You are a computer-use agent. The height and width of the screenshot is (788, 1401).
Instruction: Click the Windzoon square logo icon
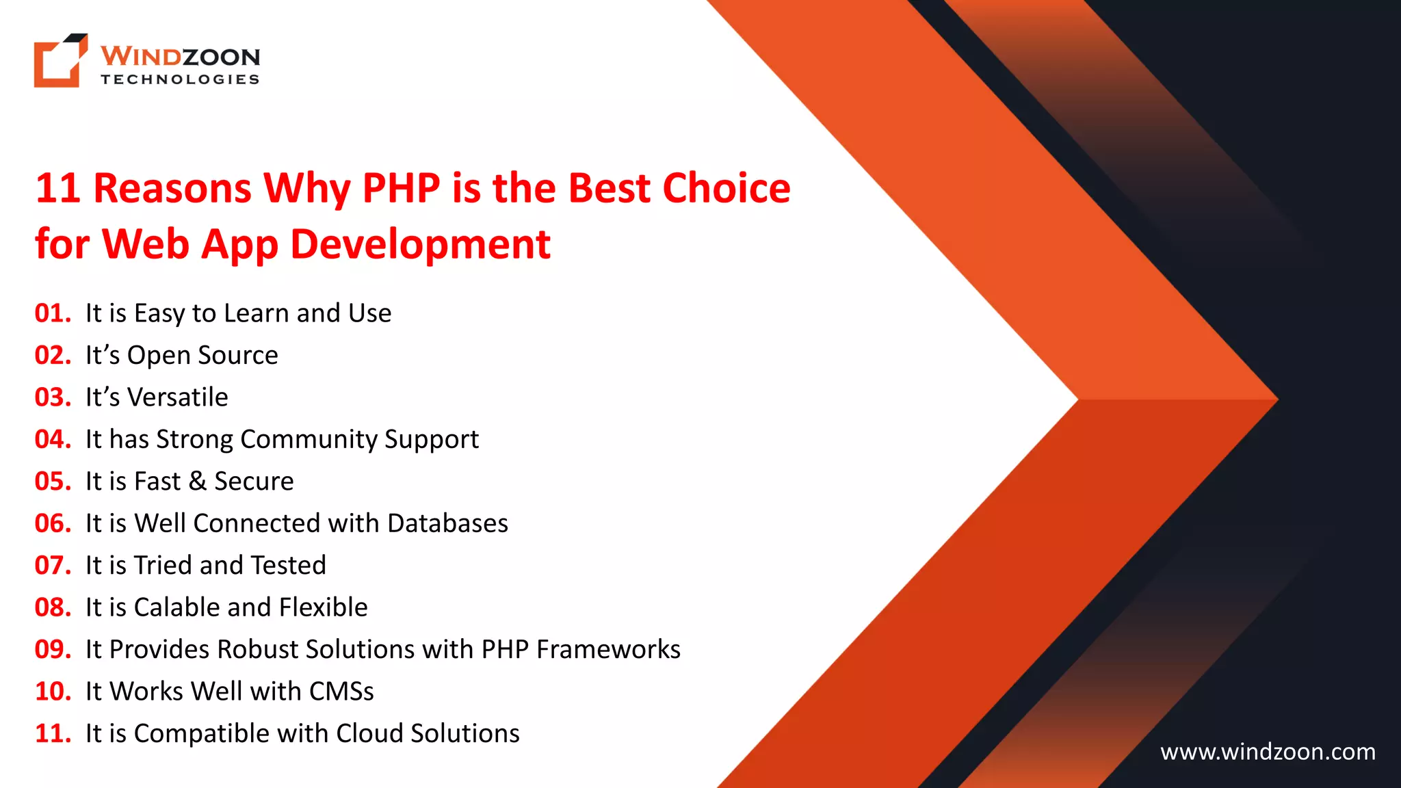coord(60,61)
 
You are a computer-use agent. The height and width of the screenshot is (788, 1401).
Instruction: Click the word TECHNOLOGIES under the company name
coord(180,79)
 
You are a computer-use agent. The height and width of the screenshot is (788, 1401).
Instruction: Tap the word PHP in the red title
coord(401,188)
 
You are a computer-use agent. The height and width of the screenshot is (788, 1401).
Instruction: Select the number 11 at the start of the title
coord(57,188)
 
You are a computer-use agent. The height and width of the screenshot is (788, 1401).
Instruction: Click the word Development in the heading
coord(420,244)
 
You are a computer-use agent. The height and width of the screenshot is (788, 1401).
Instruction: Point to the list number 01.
coord(53,313)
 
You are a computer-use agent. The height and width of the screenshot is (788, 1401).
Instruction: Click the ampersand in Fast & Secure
coord(198,482)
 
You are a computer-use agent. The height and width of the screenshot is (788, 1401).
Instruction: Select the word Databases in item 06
coord(447,523)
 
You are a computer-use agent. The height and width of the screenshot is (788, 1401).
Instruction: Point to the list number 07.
coord(53,566)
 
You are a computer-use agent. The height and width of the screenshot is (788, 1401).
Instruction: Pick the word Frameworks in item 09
coord(608,650)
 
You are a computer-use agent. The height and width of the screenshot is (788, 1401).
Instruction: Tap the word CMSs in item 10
coord(341,692)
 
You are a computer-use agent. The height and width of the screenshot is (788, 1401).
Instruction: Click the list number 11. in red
coord(53,734)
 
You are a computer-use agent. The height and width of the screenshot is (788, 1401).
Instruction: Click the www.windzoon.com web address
coord(1268,752)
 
